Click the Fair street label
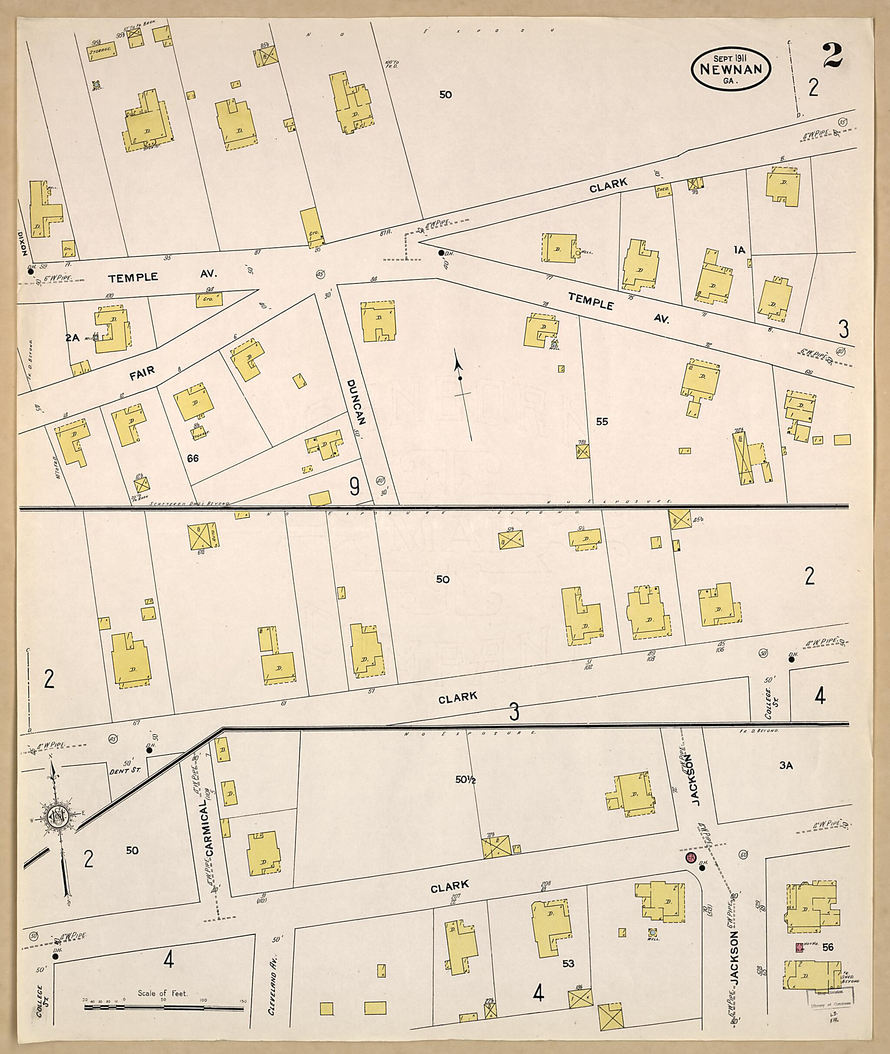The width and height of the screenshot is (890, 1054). [x=142, y=374]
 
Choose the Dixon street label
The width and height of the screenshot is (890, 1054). [x=21, y=244]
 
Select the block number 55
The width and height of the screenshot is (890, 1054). [x=602, y=421]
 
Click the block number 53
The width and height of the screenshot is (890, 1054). [x=568, y=964]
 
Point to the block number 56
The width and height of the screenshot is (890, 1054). [x=827, y=947]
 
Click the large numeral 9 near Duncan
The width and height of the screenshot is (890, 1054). [x=355, y=486]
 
